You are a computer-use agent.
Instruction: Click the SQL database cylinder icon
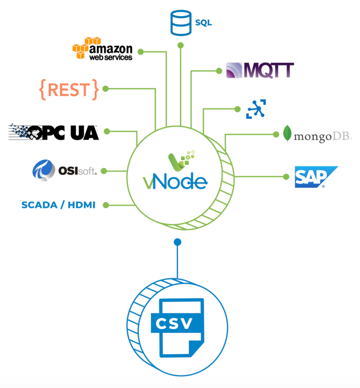[x=181, y=23]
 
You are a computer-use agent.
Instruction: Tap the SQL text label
[x=203, y=23]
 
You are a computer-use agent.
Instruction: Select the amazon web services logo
[x=103, y=49]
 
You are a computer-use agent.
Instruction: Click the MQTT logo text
[x=268, y=70]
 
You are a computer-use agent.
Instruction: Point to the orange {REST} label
[x=69, y=90]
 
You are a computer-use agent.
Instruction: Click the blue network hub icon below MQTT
[x=256, y=109]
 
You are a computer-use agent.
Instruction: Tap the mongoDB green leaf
[x=287, y=133]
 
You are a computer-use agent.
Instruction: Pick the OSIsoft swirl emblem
[x=43, y=170]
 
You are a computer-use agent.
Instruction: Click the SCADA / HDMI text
[x=58, y=205]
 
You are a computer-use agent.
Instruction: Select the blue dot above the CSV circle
[x=178, y=242]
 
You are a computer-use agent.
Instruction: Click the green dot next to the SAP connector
[x=286, y=177]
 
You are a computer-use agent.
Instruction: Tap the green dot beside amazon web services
[x=141, y=52]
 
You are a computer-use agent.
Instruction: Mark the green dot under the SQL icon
[x=181, y=46]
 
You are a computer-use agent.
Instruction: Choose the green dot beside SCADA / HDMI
[x=106, y=205]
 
